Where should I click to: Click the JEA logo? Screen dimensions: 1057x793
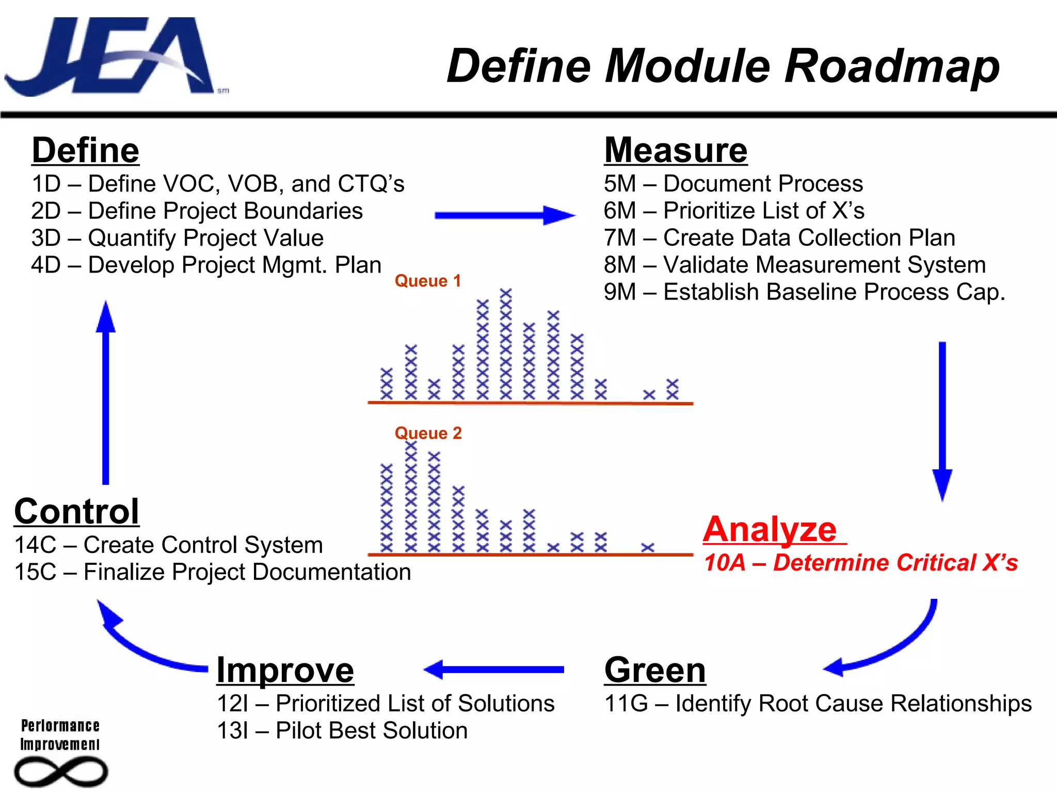coord(111,57)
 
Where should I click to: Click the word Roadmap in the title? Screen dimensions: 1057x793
coord(891,66)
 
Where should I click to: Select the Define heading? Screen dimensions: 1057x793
coord(86,150)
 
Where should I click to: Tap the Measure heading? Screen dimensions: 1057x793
coord(676,150)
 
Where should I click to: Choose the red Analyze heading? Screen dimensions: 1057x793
coord(770,530)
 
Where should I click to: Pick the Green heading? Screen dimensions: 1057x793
coord(655,670)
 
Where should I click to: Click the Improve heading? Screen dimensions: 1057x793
coord(285,670)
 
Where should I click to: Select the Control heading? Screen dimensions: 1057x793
coord(77,511)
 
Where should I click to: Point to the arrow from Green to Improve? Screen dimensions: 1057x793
coord(494,670)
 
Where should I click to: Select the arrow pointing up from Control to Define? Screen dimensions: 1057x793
coord(106,392)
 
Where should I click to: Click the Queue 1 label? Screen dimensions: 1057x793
coord(427,281)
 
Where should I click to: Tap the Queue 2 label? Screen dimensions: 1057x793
coord(428,433)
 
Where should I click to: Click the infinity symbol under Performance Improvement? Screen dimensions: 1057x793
coord(60,772)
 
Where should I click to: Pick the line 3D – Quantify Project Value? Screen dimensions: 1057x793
coord(178,238)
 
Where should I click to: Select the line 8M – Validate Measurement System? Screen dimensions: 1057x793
coord(795,265)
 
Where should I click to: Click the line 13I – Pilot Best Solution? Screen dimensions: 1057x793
coord(342,731)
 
